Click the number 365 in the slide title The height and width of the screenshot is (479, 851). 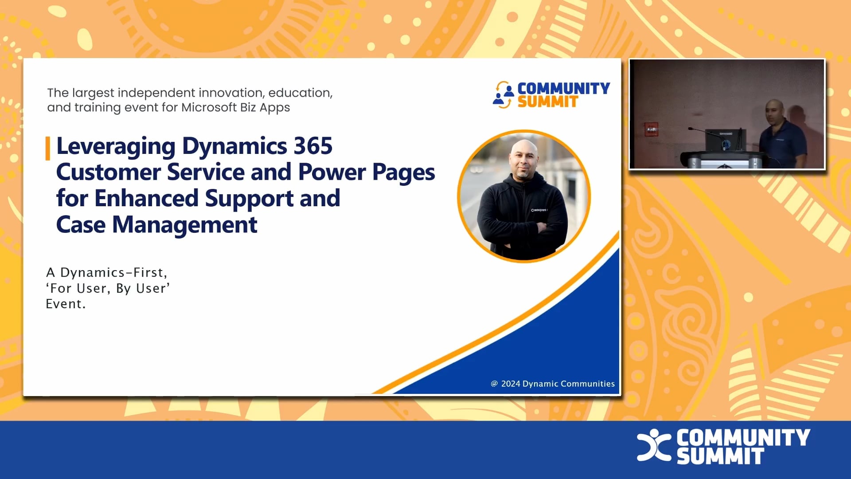pyautogui.click(x=313, y=146)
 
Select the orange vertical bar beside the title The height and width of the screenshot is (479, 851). pyautogui.click(x=48, y=148)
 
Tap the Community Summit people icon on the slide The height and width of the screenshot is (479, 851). pyautogui.click(x=503, y=94)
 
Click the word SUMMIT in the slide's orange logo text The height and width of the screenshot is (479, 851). pyautogui.click(x=547, y=102)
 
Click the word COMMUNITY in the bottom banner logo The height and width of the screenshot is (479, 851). pyautogui.click(x=743, y=437)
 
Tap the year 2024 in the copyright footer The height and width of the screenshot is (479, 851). pyautogui.click(x=510, y=384)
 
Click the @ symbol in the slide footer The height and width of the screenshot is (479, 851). pyautogui.click(x=494, y=384)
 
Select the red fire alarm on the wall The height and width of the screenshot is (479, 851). pyautogui.click(x=651, y=130)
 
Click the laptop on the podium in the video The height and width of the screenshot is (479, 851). pyautogui.click(x=725, y=140)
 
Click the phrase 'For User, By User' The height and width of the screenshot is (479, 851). pyautogui.click(x=108, y=288)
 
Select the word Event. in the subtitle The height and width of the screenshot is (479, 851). pyautogui.click(x=66, y=304)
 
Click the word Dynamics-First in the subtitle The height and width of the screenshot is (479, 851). pyautogui.click(x=113, y=272)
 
